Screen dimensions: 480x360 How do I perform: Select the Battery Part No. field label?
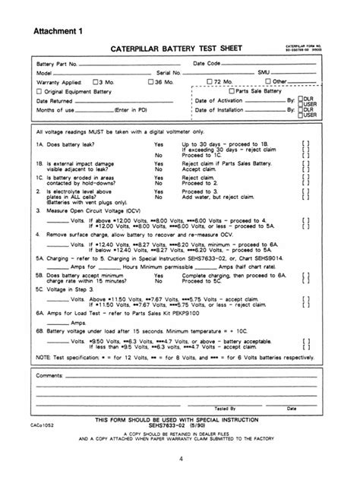pos(57,64)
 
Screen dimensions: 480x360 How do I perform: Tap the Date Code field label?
pos(207,64)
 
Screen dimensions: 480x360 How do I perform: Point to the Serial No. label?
pos(168,72)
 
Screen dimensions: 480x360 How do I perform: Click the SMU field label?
pos(264,72)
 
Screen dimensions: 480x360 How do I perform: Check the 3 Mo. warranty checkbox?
pos(94,81)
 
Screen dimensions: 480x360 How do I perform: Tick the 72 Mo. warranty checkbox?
pos(210,81)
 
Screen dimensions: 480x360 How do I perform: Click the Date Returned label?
pos(54,100)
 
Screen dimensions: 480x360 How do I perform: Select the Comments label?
pos(49,375)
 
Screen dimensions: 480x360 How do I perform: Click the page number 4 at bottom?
pos(181,459)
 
